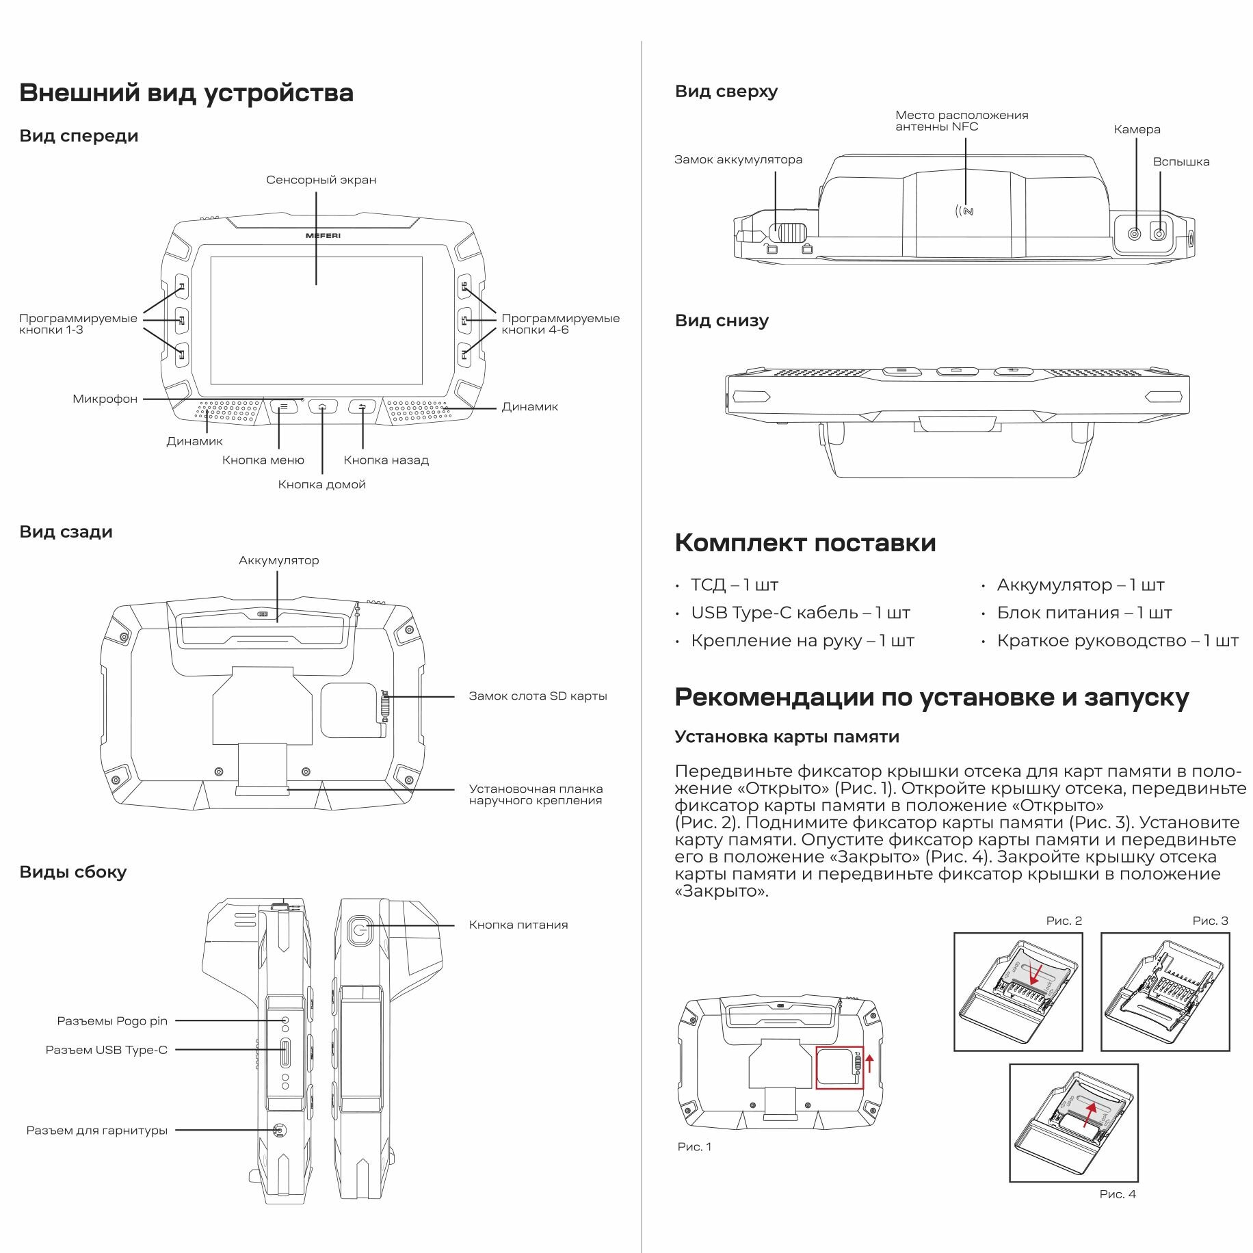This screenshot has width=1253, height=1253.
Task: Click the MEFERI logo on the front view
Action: pyautogui.click(x=323, y=235)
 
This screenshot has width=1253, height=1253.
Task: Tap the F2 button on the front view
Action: pyautogui.click(x=182, y=320)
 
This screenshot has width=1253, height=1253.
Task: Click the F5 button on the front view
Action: pyautogui.click(x=464, y=320)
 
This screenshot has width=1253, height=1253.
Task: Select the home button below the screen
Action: pyautogui.click(x=323, y=407)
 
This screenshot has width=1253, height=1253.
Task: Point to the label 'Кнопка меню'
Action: pyautogui.click(x=263, y=460)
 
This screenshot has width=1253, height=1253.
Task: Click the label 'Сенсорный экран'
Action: pyautogui.click(x=321, y=180)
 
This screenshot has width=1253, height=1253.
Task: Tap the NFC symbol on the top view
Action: pyautogui.click(x=965, y=211)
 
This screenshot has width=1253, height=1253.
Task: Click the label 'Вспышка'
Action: pyautogui.click(x=1181, y=162)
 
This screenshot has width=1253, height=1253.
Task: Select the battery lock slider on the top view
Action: pyautogui.click(x=789, y=233)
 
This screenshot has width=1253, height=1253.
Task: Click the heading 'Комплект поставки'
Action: pyautogui.click(x=805, y=542)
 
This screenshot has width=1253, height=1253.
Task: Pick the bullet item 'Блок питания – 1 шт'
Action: pyautogui.click(x=1084, y=613)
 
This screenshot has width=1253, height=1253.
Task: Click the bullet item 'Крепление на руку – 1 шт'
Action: pyautogui.click(x=802, y=641)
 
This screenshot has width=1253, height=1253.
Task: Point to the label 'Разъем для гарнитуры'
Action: pyautogui.click(x=96, y=1131)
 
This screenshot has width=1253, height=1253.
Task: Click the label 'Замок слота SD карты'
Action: pyautogui.click(x=538, y=696)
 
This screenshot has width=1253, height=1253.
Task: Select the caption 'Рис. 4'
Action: pyautogui.click(x=1118, y=1194)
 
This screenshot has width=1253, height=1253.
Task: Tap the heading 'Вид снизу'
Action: pyautogui.click(x=722, y=321)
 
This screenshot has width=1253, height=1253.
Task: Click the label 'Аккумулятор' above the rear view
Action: pyautogui.click(x=278, y=560)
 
